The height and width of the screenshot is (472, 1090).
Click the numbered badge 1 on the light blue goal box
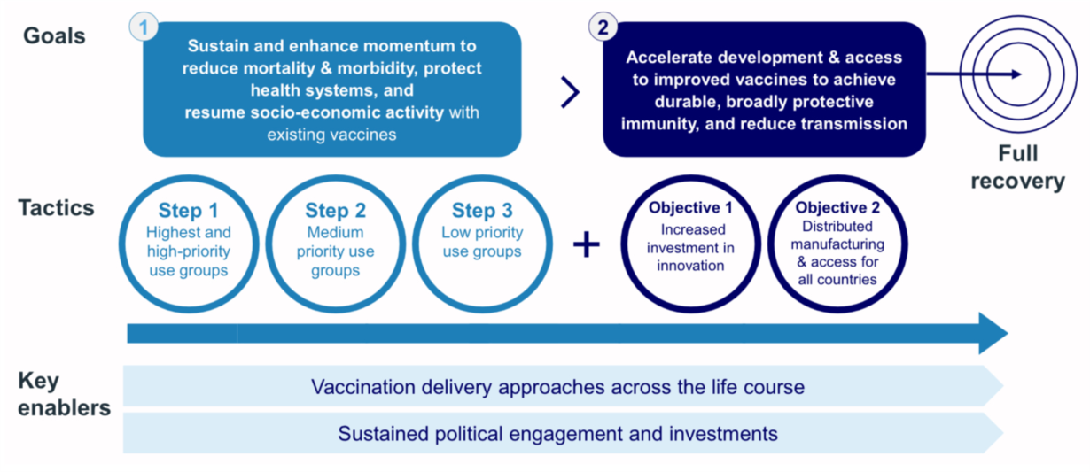144,27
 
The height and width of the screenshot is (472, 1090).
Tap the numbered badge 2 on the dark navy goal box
603,27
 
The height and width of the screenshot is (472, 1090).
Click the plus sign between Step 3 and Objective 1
586,244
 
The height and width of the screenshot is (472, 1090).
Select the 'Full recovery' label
1017,167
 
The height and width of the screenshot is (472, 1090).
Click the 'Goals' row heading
54,36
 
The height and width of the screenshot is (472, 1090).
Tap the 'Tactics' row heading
57,208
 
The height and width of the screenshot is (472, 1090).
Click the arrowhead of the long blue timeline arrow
993,333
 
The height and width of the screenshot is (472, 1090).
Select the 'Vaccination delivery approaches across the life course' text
557,387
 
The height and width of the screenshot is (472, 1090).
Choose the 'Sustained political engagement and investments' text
557,434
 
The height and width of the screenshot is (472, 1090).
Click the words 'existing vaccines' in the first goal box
331,135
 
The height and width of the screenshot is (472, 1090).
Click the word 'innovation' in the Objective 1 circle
690,266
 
